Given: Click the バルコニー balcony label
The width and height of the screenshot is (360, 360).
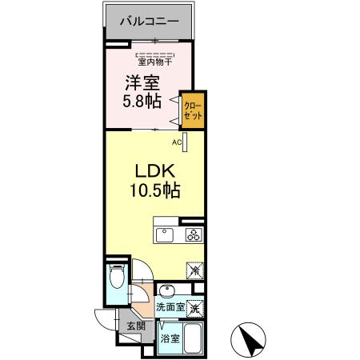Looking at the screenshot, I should [x=149, y=21].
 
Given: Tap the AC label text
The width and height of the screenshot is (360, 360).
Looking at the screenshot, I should [x=177, y=142].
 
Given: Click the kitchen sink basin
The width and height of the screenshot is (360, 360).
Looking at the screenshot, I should [x=164, y=234].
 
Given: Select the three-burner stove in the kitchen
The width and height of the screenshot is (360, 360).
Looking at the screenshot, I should [x=194, y=234].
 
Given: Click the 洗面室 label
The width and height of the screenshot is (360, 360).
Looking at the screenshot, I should [x=170, y=306].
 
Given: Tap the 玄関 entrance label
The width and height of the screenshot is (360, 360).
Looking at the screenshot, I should [x=134, y=326].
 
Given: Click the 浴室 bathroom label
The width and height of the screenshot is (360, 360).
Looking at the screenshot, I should [x=170, y=339].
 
